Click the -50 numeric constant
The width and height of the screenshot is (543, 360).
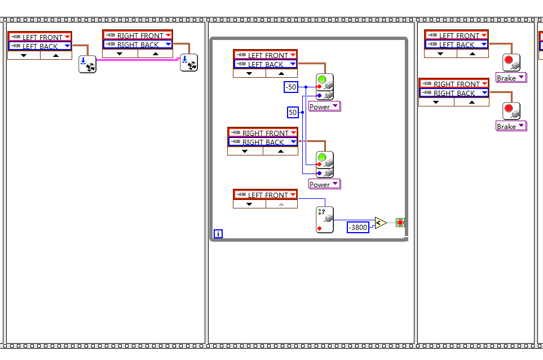click(291, 87)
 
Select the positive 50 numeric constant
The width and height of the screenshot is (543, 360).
click(293, 113)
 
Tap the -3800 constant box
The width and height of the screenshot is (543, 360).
click(358, 227)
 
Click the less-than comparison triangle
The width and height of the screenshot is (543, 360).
click(380, 223)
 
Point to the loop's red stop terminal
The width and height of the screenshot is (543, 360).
click(400, 223)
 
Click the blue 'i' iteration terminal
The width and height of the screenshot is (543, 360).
click(218, 234)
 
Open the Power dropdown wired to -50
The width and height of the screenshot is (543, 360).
click(325, 106)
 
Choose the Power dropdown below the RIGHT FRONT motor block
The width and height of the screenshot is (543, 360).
click(325, 184)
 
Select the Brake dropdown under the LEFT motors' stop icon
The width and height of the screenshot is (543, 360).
click(510, 78)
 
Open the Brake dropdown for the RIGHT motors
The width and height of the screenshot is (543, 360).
click(510, 126)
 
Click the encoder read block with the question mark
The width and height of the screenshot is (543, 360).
click(324, 220)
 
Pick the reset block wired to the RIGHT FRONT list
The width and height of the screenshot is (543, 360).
click(188, 62)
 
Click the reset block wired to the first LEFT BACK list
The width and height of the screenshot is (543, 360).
click(87, 64)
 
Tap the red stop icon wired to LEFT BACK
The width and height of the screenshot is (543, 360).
click(511, 62)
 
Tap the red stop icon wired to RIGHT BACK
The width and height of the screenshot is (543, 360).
click(511, 110)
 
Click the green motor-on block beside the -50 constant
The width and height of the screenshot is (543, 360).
click(325, 86)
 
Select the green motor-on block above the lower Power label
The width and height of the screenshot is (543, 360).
click(325, 163)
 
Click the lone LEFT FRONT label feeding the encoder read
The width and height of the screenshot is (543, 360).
click(265, 195)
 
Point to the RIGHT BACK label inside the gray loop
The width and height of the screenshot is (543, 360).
click(262, 142)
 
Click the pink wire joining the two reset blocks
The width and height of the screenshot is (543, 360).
click(138, 59)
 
